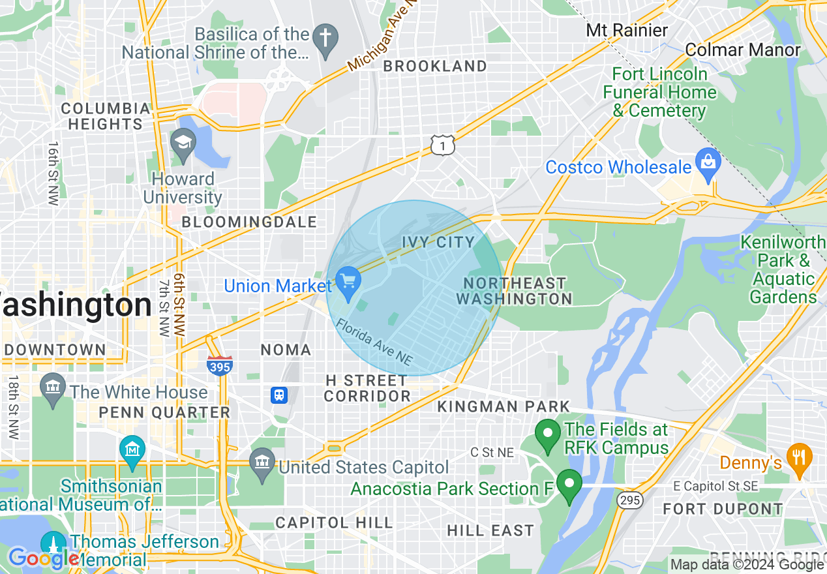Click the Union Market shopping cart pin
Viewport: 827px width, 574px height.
click(x=348, y=282)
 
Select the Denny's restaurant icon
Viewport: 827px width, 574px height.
click(x=798, y=458)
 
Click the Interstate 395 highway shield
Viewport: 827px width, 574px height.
click(x=220, y=366)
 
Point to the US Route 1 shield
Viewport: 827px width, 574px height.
click(x=442, y=146)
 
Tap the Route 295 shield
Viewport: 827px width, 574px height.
click(x=631, y=500)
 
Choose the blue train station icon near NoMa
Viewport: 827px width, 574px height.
click(x=280, y=395)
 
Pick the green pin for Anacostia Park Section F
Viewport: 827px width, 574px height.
click(x=569, y=485)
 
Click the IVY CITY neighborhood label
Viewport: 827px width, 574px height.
click(x=438, y=242)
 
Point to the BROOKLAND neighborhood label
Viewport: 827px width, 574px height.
click(x=434, y=66)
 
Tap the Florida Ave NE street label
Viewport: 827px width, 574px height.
click(x=374, y=342)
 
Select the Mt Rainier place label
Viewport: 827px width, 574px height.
click(x=627, y=30)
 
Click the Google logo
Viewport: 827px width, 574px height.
click(x=44, y=558)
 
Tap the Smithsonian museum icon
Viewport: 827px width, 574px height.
click(x=132, y=450)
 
